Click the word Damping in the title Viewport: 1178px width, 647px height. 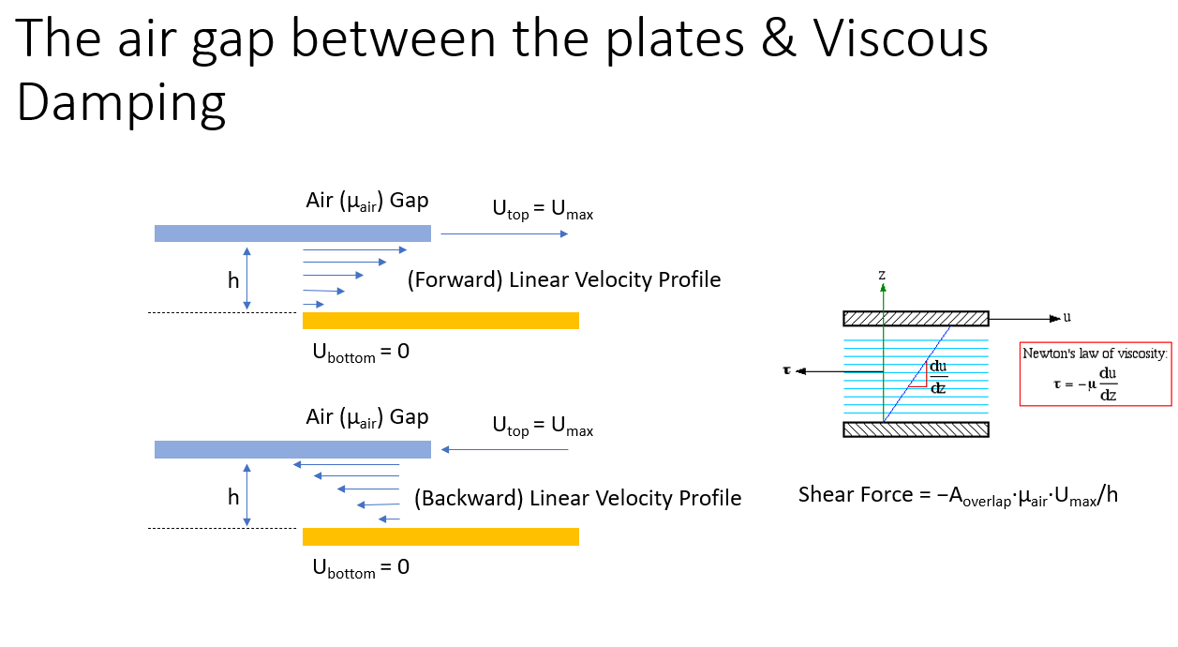pyautogui.click(x=121, y=102)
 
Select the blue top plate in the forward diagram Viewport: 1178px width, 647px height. pyautogui.click(x=292, y=233)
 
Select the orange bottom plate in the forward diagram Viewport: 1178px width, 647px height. pyautogui.click(x=440, y=321)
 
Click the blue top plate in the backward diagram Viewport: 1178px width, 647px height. pyautogui.click(x=292, y=450)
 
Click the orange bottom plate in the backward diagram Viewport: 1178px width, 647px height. pyautogui.click(x=440, y=536)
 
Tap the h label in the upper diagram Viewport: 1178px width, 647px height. pyautogui.click(x=233, y=280)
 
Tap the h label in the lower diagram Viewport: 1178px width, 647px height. pyautogui.click(x=233, y=497)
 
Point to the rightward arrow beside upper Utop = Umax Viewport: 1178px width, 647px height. pyautogui.click(x=503, y=233)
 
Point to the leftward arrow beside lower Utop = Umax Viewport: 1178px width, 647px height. pyautogui.click(x=505, y=450)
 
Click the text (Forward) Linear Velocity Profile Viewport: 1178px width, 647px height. pyautogui.click(x=564, y=280)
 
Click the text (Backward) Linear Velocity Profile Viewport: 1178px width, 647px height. pyautogui.click(x=577, y=498)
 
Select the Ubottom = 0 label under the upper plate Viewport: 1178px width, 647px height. pyautogui.click(x=360, y=353)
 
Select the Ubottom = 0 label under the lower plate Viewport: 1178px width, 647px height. pyautogui.click(x=360, y=567)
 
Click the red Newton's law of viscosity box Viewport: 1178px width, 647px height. pyautogui.click(x=1096, y=374)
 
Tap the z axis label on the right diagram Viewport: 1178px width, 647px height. pyautogui.click(x=882, y=275)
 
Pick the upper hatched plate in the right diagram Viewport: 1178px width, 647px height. pyautogui.click(x=916, y=318)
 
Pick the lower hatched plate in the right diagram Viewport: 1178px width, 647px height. pyautogui.click(x=916, y=429)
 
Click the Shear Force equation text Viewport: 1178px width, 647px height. pyautogui.click(x=958, y=495)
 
